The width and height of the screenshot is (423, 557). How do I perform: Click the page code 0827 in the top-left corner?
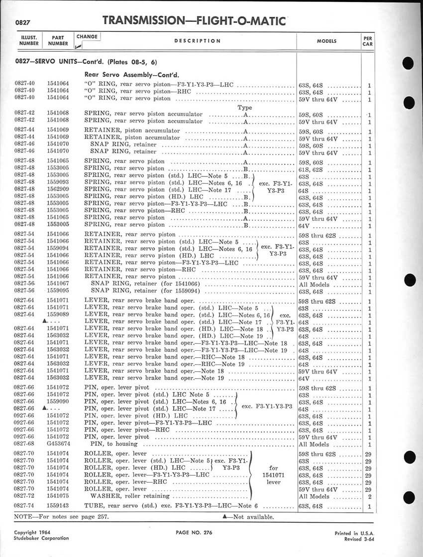point(23,23)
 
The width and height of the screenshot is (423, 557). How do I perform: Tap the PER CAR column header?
point(368,40)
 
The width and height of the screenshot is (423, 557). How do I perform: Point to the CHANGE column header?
point(87,36)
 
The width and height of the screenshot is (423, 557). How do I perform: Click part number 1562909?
point(58,190)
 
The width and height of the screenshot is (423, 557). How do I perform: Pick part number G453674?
point(58,444)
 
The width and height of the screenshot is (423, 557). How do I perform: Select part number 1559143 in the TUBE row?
point(58,507)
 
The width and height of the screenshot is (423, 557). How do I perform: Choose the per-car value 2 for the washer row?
point(370,496)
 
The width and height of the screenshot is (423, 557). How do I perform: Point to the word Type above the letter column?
point(245,107)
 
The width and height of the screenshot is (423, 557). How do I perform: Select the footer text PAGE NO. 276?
point(194,533)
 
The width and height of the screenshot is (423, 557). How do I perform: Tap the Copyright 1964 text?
point(32,532)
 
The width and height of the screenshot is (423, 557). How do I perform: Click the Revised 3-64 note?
point(356,539)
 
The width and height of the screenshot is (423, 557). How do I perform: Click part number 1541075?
point(58,496)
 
